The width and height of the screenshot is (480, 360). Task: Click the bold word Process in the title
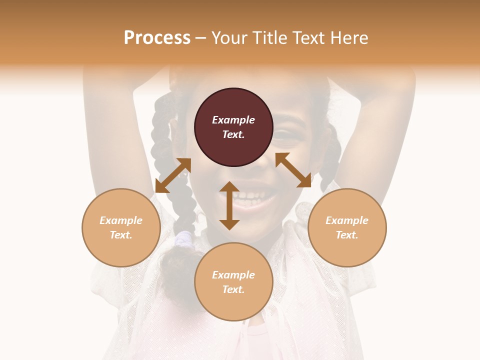(x=157, y=38)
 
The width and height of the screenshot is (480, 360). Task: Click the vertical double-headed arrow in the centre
(x=229, y=205)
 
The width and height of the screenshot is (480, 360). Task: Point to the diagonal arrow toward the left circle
(x=173, y=175)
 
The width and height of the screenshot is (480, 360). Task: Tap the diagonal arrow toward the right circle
(x=293, y=170)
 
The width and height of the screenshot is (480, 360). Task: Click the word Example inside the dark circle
(x=233, y=120)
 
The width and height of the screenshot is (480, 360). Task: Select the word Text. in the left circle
(x=121, y=235)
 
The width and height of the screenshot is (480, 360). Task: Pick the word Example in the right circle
(x=347, y=220)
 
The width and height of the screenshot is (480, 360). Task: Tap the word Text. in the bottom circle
(x=233, y=289)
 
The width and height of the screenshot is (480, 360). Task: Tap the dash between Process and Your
(x=201, y=38)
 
